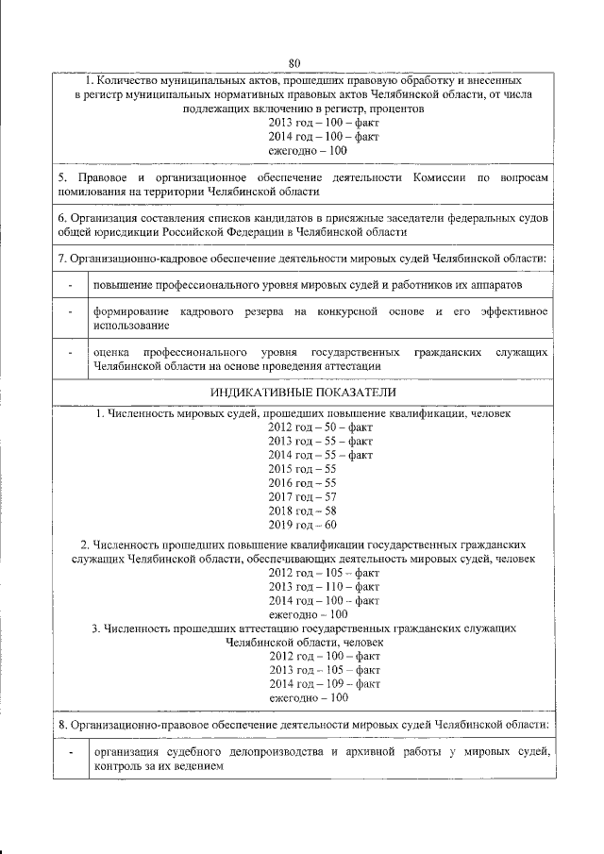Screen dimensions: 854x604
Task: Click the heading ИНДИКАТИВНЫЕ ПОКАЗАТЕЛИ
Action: coord(302,391)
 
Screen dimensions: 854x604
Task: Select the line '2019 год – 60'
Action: coord(302,525)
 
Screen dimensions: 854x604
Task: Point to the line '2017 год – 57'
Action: coord(302,496)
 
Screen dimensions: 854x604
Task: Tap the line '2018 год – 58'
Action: coord(302,511)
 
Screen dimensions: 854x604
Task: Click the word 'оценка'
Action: coord(109,351)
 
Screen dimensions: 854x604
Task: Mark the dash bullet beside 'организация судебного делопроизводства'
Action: coord(70,752)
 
